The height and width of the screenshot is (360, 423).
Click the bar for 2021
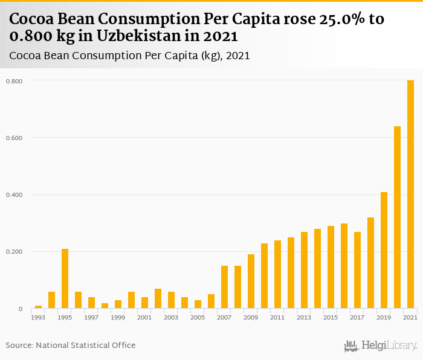point(411,194)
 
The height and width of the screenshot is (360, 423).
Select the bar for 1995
point(65,278)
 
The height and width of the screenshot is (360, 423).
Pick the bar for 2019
point(384,250)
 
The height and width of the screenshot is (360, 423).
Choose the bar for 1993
point(38,307)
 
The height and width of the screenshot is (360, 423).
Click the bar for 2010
point(264,275)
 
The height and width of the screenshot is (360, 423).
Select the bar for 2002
point(158,298)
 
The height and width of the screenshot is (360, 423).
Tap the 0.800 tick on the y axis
point(14,81)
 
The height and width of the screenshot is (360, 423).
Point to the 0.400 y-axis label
point(14,195)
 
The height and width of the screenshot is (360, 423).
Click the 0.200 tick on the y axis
point(14,252)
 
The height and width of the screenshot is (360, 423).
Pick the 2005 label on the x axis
point(198,318)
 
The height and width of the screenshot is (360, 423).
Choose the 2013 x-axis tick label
point(304,318)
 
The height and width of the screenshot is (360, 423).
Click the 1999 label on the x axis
point(118,318)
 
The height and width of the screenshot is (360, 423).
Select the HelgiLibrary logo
point(381,346)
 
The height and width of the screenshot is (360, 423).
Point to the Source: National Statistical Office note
point(71,345)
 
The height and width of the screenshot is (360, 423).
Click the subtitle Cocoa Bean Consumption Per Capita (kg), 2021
point(130,56)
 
